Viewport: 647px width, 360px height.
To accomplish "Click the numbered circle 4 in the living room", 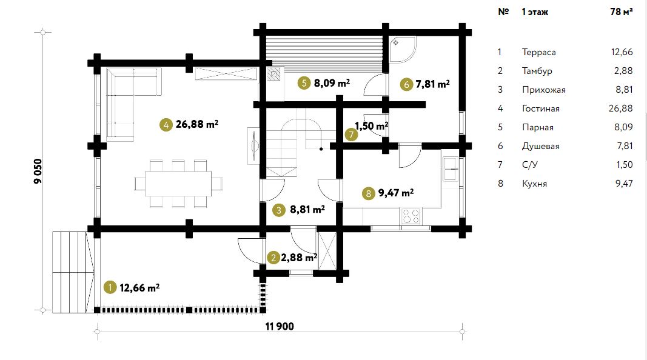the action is pyautogui.click(x=166, y=124).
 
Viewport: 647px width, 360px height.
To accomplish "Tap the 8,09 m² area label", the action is pyautogui.click(x=332, y=83).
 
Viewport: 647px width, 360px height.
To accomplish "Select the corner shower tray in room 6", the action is pyautogui.click(x=402, y=50).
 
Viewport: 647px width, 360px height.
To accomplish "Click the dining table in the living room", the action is pyautogui.click(x=178, y=184).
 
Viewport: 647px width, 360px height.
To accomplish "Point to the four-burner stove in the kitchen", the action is pyautogui.click(x=411, y=216).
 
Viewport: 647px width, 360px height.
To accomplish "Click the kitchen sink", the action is pyautogui.click(x=450, y=169).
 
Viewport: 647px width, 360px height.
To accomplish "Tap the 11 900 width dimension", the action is pyautogui.click(x=280, y=327).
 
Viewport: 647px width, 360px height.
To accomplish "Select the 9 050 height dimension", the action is pyautogui.click(x=38, y=171).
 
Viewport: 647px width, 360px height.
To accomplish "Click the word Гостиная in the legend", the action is pyautogui.click(x=540, y=108).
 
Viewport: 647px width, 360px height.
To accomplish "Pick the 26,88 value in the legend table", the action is pyautogui.click(x=620, y=108).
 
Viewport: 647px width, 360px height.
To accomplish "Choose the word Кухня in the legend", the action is pyautogui.click(x=534, y=184).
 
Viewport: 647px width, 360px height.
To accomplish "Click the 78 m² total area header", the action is pyautogui.click(x=622, y=12).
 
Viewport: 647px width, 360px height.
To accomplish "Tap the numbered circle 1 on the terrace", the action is pyautogui.click(x=110, y=287).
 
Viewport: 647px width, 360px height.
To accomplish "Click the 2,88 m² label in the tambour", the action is pyautogui.click(x=299, y=258).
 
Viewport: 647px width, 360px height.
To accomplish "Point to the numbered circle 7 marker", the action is pyautogui.click(x=351, y=135).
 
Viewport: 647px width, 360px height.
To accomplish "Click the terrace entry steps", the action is pyautogui.click(x=70, y=272).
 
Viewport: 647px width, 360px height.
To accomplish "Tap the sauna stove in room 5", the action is pyautogui.click(x=273, y=74).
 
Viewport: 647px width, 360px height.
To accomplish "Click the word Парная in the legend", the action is pyautogui.click(x=538, y=127).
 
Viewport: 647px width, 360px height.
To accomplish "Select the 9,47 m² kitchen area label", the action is pyautogui.click(x=396, y=193).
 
